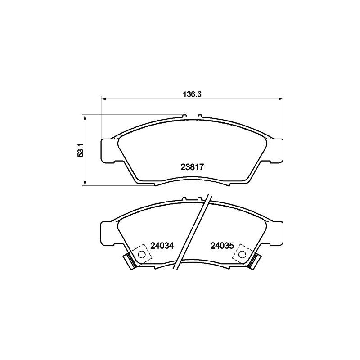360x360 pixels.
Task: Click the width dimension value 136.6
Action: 192,94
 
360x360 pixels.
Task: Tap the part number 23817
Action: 192,167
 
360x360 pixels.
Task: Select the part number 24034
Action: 162,246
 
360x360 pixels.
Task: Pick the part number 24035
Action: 222,246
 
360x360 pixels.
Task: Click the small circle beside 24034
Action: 142,254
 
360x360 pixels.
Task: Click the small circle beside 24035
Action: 242,254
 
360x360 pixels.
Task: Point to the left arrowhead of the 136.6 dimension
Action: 103,99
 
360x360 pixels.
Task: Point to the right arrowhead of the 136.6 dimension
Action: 281,99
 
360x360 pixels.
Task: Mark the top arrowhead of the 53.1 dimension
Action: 85,117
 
